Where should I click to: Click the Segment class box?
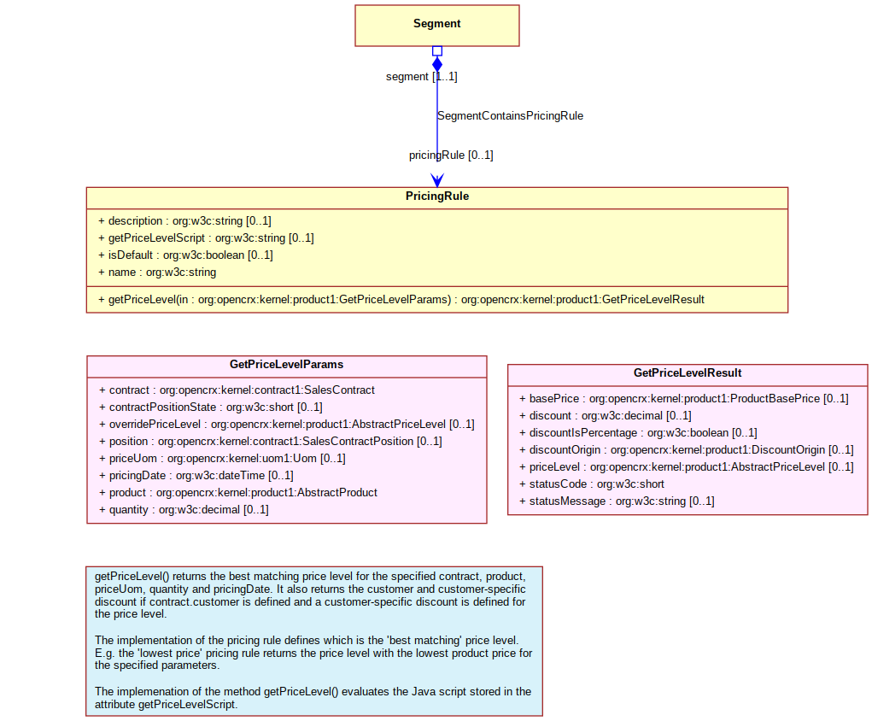tap(437, 26)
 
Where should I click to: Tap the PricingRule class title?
tap(437, 196)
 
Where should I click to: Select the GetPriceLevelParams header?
tap(286, 365)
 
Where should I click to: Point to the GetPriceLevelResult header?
tap(688, 372)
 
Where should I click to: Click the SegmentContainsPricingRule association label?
tap(510, 115)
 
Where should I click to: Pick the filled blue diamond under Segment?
tap(437, 65)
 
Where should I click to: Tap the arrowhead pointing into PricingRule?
tap(437, 180)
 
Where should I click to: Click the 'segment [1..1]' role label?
tap(422, 76)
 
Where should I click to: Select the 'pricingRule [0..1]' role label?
tap(451, 155)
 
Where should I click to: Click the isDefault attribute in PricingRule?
tap(185, 255)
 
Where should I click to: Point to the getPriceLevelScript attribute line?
tap(206, 237)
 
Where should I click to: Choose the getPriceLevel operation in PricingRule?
tap(401, 299)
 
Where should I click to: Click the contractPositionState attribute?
tap(211, 407)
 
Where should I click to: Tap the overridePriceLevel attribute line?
tap(286, 424)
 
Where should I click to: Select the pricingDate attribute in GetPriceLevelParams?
tap(196, 475)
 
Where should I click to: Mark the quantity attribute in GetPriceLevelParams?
tap(184, 510)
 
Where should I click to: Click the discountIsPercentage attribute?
tap(638, 432)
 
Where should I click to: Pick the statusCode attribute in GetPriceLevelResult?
tap(592, 484)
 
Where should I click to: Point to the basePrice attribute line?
tap(683, 398)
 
